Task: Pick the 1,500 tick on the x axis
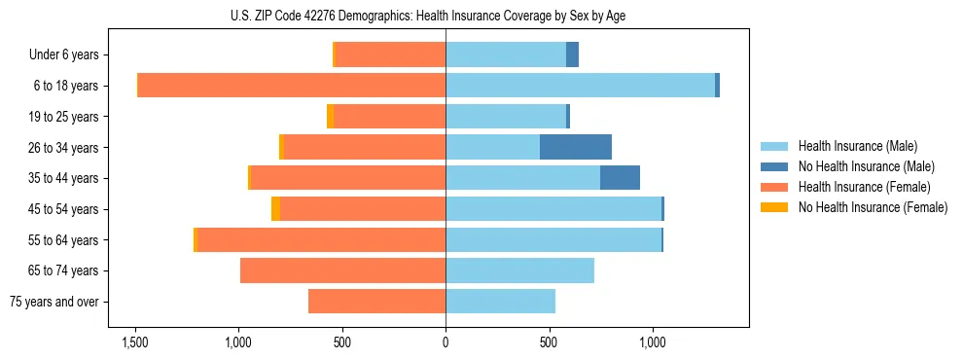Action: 134,342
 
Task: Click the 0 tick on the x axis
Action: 446,342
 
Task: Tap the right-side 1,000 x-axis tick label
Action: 652,342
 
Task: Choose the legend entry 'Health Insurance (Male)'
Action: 857,146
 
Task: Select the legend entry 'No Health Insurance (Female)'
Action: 873,207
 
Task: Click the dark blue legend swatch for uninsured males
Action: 774,166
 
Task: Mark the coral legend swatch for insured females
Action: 774,187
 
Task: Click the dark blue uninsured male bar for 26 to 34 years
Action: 576,147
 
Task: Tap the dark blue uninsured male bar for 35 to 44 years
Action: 620,178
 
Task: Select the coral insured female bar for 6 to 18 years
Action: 292,86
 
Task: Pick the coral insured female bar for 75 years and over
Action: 376,302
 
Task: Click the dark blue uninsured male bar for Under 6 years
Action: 572,54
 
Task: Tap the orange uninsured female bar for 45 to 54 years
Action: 275,209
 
